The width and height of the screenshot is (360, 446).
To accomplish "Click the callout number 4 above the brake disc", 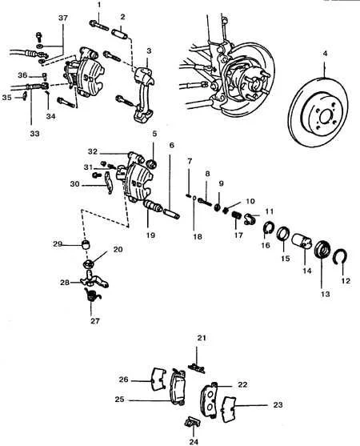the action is [x=325, y=53].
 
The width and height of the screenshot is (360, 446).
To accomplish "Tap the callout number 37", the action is [x=63, y=18].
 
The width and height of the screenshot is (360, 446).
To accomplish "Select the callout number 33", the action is [x=34, y=133].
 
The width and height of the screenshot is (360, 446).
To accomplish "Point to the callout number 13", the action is [x=325, y=294].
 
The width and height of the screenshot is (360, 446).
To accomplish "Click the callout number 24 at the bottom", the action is [x=194, y=441].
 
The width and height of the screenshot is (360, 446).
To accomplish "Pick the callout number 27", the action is [x=95, y=321].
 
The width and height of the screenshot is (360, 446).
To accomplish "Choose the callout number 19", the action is [x=151, y=235].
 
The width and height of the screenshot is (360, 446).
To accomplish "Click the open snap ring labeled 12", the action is [x=342, y=256].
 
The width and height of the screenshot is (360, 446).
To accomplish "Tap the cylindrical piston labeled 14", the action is [x=302, y=241].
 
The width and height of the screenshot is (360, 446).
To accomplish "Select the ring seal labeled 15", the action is [x=283, y=234].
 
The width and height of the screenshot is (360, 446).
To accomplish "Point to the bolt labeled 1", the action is [x=99, y=26].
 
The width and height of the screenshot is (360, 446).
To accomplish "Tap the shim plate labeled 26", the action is [x=158, y=379].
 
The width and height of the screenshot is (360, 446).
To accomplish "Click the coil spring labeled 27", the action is [x=92, y=295].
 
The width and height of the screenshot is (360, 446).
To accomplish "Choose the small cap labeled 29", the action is [x=86, y=243].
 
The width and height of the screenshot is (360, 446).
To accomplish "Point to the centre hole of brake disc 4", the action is [x=325, y=117].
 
